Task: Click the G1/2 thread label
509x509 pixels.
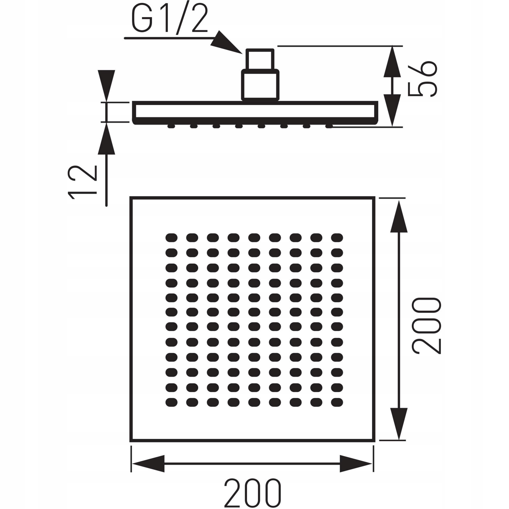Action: tap(169, 21)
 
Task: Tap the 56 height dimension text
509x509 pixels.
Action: tap(422, 79)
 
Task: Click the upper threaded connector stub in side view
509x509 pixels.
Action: tap(260, 59)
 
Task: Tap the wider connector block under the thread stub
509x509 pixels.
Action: tap(260, 85)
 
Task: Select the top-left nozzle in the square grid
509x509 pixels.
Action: tap(171, 237)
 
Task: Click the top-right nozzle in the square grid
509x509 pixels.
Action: tap(337, 237)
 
